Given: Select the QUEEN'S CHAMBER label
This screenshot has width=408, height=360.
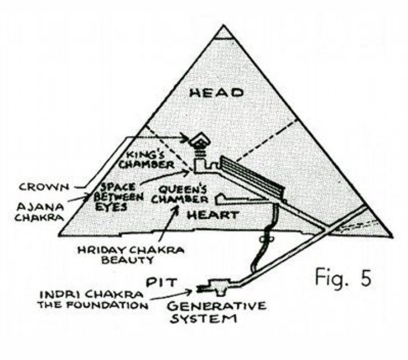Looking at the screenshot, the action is point(180,194).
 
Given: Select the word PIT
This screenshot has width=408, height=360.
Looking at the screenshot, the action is point(159,282).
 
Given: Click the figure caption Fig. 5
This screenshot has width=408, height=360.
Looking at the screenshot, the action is point(343,278).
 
